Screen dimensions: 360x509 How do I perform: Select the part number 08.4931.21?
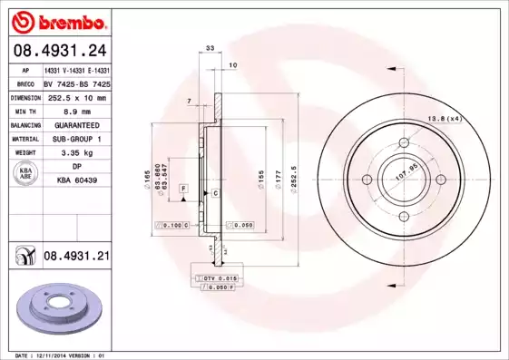tap(76, 258)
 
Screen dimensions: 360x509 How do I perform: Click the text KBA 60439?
tap(76, 181)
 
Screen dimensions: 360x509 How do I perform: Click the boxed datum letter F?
tap(184, 188)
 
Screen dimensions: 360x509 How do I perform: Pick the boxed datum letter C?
tap(216, 193)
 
